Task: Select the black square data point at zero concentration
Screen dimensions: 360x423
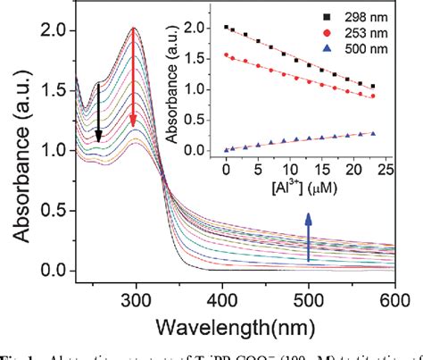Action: [x=227, y=28]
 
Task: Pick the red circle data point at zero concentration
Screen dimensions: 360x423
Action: [x=227, y=54]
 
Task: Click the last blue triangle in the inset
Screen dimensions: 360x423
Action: [x=373, y=133]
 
